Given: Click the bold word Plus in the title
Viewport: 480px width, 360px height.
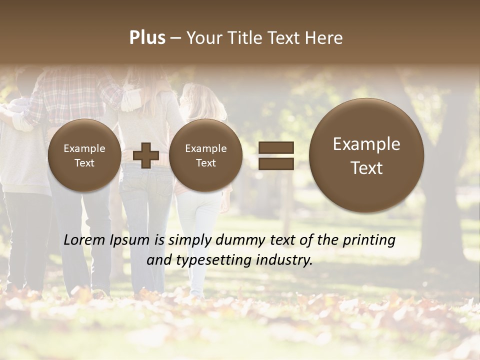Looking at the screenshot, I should point(147,38).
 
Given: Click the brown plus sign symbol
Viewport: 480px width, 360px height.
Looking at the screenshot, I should point(145,155).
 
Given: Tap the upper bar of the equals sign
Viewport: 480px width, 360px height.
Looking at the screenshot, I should point(276,147).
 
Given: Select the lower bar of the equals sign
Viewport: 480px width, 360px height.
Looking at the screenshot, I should point(276,163).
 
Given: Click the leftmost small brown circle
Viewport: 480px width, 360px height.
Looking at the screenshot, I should point(84,155).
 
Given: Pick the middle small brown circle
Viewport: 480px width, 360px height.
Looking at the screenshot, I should point(205,155).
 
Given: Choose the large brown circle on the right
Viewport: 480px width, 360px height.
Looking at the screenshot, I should point(366,155).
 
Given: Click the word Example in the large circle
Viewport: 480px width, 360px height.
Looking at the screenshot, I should point(366,144).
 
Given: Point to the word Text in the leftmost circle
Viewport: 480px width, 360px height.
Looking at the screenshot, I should point(84,163).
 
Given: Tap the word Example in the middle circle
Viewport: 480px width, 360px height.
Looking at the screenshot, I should point(205,148).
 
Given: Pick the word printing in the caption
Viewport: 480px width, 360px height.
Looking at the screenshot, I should point(369,240).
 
